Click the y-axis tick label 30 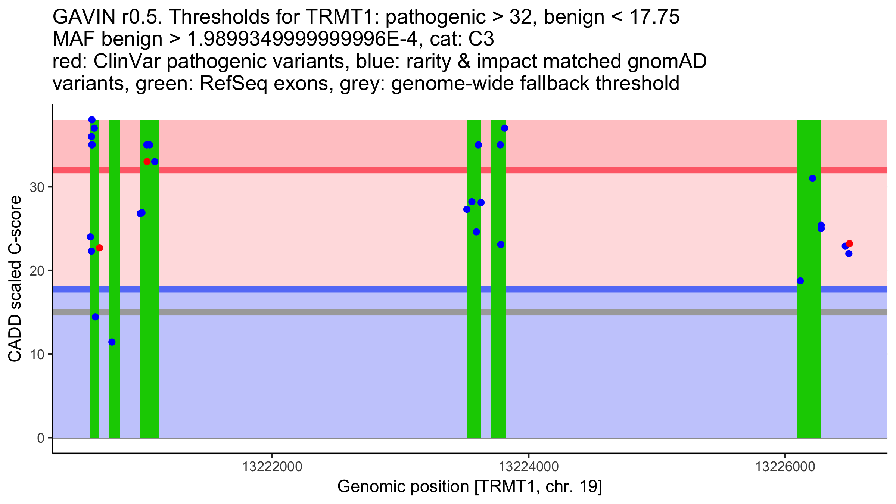[x=37, y=187]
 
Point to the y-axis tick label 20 [x=37, y=271]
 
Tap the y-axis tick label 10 [x=37, y=354]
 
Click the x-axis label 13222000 [x=272, y=467]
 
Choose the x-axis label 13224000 [x=529, y=467]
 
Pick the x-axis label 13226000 [x=785, y=467]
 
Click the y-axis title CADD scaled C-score [x=15, y=279]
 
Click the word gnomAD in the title [x=667, y=61]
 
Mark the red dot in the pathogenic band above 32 [x=147, y=162]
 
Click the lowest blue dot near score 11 [x=112, y=342]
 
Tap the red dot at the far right [x=849, y=244]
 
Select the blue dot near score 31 [x=812, y=178]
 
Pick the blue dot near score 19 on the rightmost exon [x=800, y=281]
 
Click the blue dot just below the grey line [x=96, y=317]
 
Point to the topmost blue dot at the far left [x=92, y=120]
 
